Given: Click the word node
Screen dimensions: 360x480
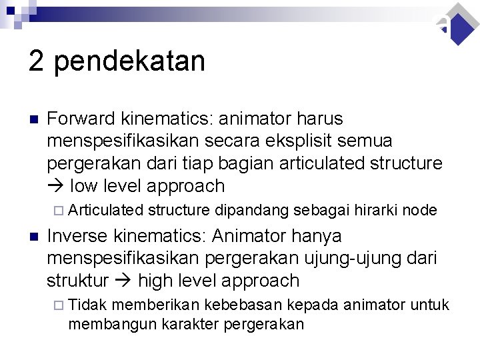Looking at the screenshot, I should pyautogui.click(x=420, y=211).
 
